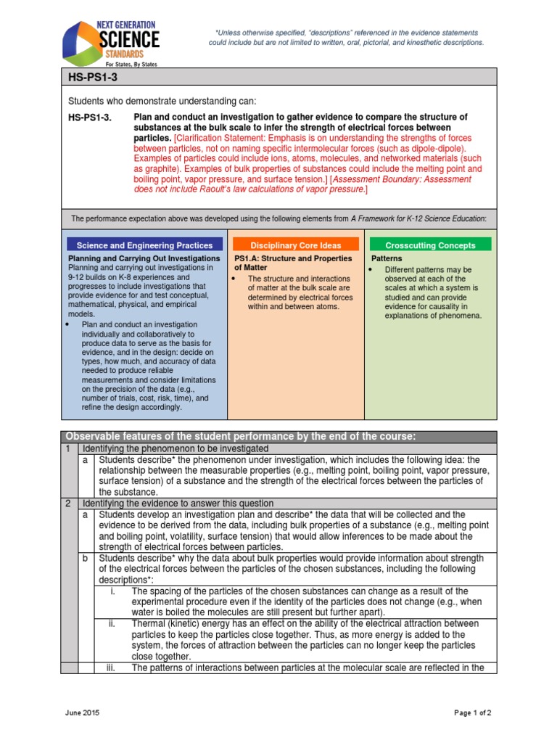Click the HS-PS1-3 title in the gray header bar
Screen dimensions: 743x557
(x=90, y=76)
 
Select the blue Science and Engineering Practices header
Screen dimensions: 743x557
(x=145, y=245)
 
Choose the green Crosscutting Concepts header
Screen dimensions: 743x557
(x=431, y=245)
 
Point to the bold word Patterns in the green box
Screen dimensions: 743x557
(x=387, y=258)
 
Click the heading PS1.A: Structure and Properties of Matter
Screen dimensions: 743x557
(x=293, y=263)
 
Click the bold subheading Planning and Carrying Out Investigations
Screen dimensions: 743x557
(x=144, y=258)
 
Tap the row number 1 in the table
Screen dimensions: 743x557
(x=67, y=449)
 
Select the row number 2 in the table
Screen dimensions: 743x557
(x=67, y=503)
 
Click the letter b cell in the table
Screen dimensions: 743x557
(x=86, y=558)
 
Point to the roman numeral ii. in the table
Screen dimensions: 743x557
(x=112, y=623)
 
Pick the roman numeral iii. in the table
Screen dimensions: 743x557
(x=112, y=668)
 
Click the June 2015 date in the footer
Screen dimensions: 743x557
(x=81, y=713)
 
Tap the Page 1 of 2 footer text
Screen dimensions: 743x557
(x=473, y=713)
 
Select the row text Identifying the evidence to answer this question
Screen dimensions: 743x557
(x=178, y=503)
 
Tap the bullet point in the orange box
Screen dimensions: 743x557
(x=236, y=279)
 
